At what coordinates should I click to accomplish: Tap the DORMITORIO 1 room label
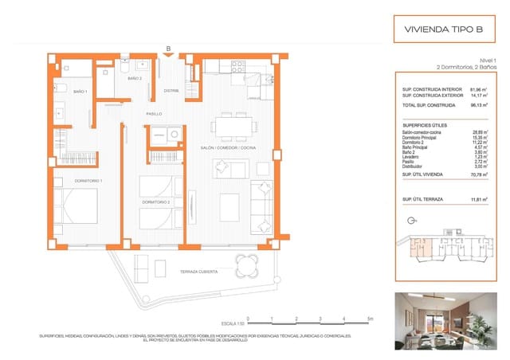68,182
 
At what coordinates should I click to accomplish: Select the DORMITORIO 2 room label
157,202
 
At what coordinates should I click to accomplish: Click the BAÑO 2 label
135,80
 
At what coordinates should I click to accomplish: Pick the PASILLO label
155,114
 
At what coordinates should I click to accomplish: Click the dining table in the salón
234,127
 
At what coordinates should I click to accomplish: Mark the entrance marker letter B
168,48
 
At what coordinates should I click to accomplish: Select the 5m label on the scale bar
369,319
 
